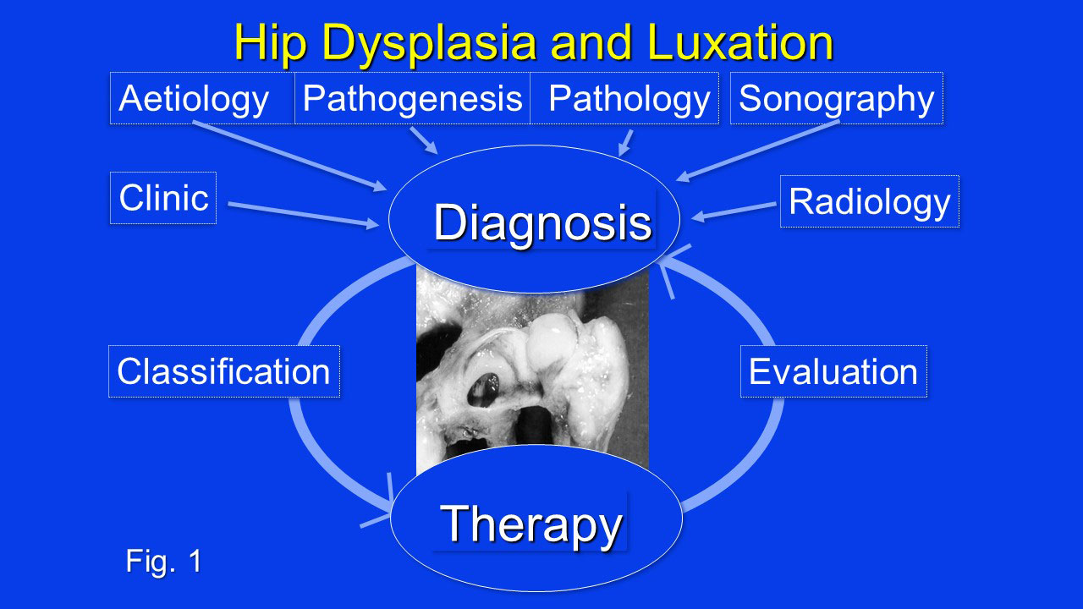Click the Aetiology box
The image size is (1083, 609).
click(202, 98)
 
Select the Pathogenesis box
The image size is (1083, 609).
click(412, 98)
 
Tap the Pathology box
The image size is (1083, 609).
click(624, 98)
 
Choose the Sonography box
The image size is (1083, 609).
click(837, 98)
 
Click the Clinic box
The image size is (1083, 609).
click(163, 198)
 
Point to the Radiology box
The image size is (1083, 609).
click(870, 201)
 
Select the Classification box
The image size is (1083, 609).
click(224, 371)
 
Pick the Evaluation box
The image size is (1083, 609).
click(834, 371)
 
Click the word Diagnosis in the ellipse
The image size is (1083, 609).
click(542, 222)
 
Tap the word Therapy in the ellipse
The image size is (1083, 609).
click(531, 525)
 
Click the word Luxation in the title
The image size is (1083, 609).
click(740, 42)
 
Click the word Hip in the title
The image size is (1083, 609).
click(271, 43)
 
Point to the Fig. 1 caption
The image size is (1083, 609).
click(163, 562)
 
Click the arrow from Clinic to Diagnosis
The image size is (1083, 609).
click(304, 215)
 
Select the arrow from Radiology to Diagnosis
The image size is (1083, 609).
click(734, 211)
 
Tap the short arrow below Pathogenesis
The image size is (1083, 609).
click(424, 140)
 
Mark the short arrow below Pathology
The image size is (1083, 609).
click(625, 143)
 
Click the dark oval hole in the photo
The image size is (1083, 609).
click(484, 390)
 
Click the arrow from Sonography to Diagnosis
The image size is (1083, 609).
click(757, 151)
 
